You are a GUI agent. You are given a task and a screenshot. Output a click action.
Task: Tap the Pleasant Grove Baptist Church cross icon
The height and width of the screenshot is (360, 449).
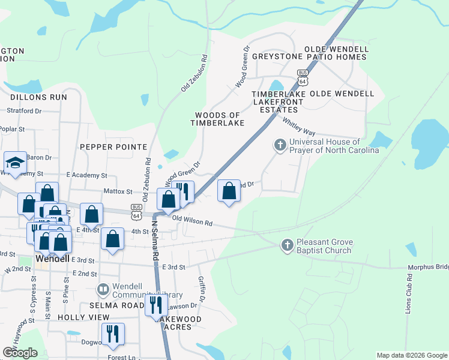click(288, 245)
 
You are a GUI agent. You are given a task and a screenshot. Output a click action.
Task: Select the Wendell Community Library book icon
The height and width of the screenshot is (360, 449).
click(103, 290)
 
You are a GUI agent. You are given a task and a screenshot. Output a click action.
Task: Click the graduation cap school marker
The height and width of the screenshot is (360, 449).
click(15, 162)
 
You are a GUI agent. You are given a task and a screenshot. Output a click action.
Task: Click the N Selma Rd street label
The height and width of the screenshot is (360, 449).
click(155, 240)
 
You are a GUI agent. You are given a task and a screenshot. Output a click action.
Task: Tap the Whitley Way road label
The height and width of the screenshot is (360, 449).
click(300, 127)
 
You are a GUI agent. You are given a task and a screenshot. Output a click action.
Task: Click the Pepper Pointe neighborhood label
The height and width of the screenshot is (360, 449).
click(113, 147)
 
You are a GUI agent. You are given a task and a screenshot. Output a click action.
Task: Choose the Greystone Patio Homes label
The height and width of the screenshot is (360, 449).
click(309, 57)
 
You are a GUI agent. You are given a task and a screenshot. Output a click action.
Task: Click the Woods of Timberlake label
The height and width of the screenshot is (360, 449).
click(217, 119)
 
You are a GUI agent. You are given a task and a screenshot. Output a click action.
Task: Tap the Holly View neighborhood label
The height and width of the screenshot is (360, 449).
click(83, 317)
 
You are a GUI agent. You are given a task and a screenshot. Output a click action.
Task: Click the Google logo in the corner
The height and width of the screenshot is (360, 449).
click(20, 353)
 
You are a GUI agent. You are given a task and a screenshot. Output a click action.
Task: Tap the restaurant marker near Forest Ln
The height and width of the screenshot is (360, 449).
click(112, 334)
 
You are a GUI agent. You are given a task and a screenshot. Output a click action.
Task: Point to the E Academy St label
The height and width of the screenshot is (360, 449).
click(86, 176)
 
